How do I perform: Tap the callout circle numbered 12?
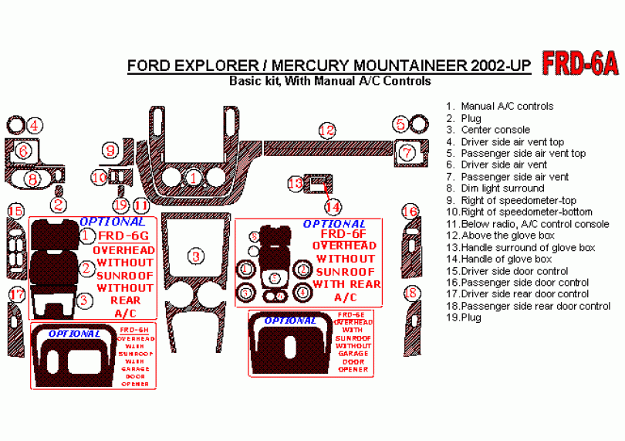[327, 131]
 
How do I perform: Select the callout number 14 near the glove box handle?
[332, 207]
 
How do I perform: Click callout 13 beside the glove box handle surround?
[296, 184]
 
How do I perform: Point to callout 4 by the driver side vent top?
[35, 124]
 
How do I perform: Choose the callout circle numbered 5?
[400, 124]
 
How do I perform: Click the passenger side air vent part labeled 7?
[407, 153]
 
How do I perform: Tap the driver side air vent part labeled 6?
[24, 151]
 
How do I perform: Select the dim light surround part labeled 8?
[32, 179]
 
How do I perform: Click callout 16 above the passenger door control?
[412, 212]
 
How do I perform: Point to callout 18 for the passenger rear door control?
[412, 293]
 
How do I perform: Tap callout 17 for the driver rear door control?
[16, 294]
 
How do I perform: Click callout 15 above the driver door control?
[15, 212]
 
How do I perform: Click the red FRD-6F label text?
[348, 234]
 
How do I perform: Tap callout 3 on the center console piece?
[198, 256]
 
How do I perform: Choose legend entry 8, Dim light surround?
[502, 188]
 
